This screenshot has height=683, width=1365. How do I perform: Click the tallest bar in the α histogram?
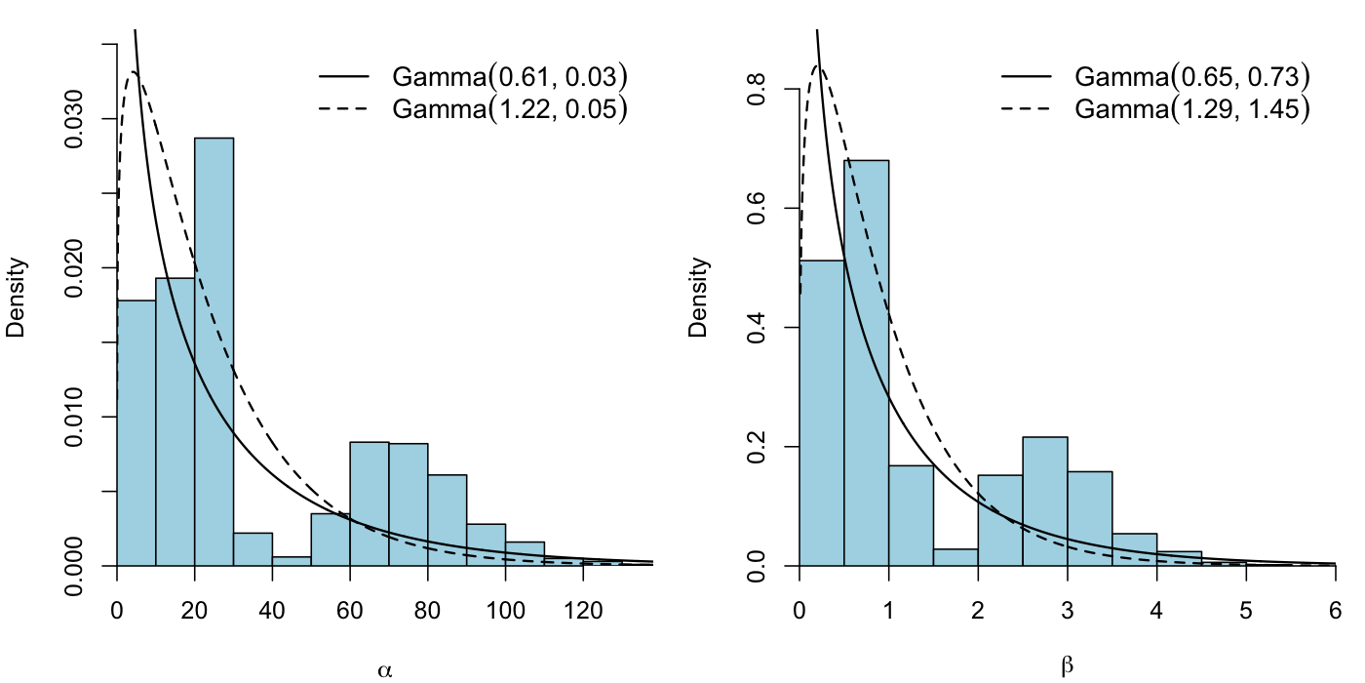[x=214, y=351]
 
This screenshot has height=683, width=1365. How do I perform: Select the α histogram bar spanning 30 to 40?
[x=253, y=549]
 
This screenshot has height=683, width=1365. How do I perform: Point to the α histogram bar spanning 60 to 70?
[x=370, y=503]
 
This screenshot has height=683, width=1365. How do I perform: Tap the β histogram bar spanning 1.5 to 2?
[x=955, y=557]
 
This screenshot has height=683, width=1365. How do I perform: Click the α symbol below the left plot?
[x=385, y=669]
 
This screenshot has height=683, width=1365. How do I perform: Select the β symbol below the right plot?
[x=1069, y=667]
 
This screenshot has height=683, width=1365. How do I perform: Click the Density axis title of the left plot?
[x=17, y=298]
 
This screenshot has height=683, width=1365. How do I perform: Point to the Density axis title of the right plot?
[x=699, y=298]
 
